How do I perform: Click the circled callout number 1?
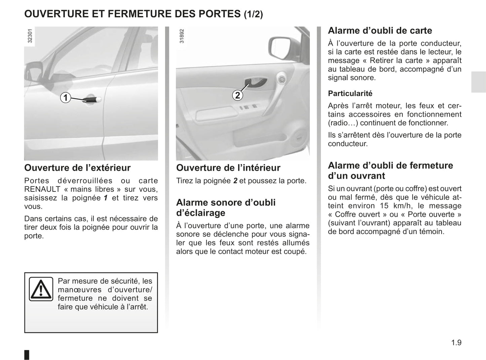(65, 98)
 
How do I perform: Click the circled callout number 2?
(237, 95)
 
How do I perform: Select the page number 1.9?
(456, 343)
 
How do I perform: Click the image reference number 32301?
(30, 36)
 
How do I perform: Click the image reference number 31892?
(182, 36)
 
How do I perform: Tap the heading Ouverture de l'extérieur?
(77, 168)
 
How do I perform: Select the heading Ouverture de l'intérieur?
(228, 168)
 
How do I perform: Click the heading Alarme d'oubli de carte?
(380, 31)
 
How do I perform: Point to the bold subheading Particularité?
(350, 94)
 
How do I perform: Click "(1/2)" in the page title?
(253, 14)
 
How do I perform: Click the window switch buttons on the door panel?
(248, 108)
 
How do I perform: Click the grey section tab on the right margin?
(478, 82)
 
